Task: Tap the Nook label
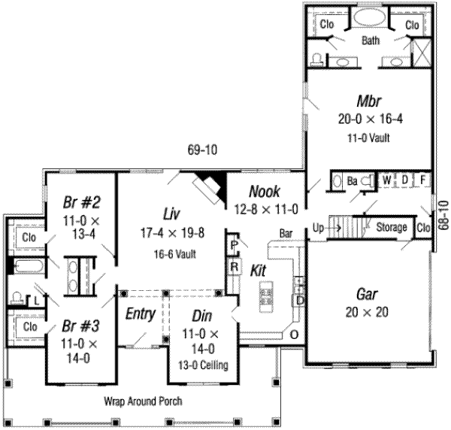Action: (265, 192)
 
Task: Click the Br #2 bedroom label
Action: (77, 201)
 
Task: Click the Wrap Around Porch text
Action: (142, 401)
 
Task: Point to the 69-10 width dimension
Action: (202, 150)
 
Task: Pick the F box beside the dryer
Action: (423, 180)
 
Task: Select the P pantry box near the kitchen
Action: (235, 246)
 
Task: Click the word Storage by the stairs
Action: (391, 227)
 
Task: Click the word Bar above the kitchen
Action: (286, 233)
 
